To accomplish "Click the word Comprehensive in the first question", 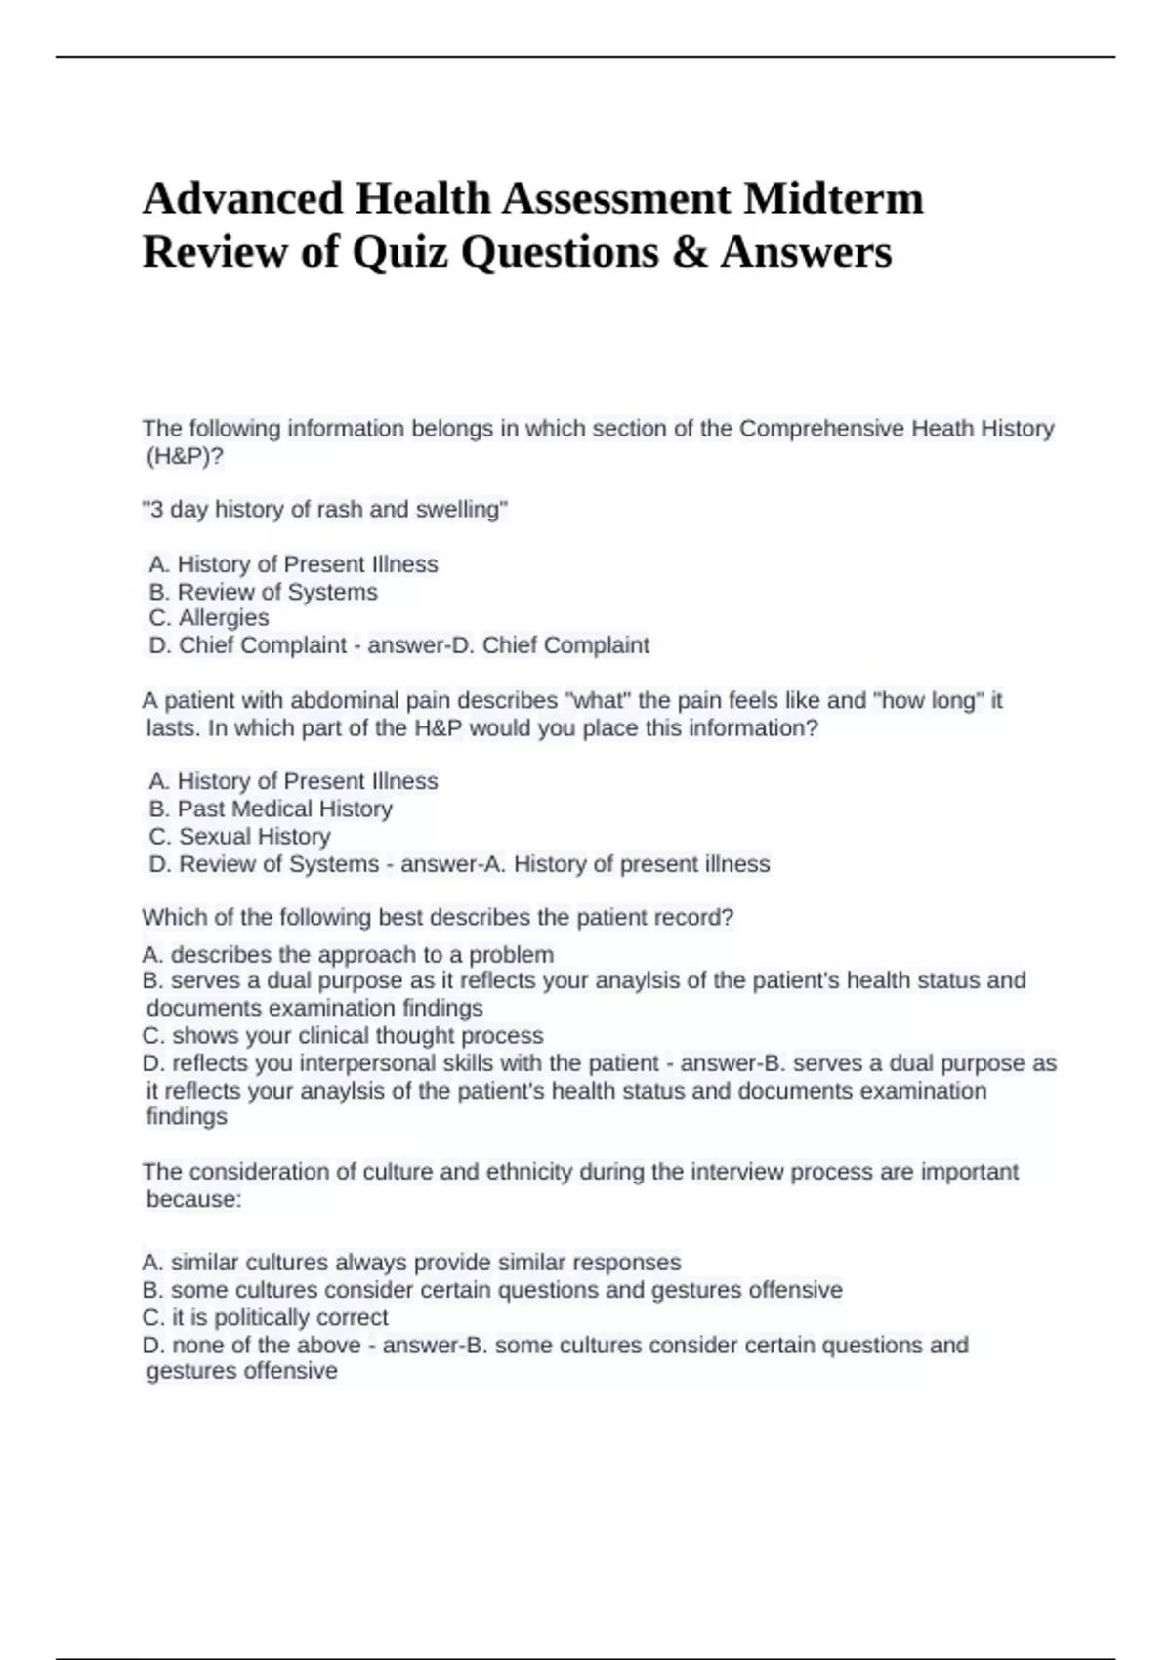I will point(820,429).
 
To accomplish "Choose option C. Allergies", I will point(209,618).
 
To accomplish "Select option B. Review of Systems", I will point(263,592).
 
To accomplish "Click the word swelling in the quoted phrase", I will point(461,510).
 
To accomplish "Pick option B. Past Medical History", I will point(271,809).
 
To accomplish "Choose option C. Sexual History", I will point(240,836).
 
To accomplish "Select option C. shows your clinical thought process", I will point(343,1035).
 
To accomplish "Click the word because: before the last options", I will point(193,1199).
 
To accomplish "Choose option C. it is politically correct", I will point(266,1317).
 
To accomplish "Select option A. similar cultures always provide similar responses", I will point(411,1263).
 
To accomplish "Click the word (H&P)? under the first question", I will point(185,456).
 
